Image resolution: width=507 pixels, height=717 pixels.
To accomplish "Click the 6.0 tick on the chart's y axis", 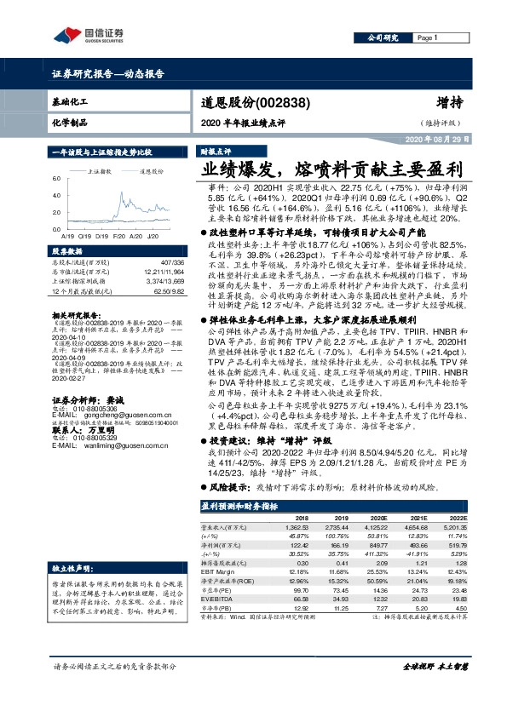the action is click(57, 179).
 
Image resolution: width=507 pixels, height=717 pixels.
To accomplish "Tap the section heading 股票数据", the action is click(69, 251).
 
